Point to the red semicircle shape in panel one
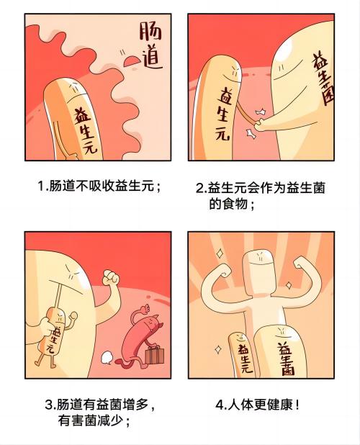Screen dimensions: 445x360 click(132, 66)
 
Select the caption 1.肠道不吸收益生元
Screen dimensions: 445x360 click(99, 186)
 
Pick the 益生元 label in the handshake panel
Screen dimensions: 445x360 click(225, 114)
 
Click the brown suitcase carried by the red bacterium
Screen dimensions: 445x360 click(153, 356)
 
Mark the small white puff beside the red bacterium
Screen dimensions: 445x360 click(104, 355)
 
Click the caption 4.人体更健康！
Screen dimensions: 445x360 click(258, 404)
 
